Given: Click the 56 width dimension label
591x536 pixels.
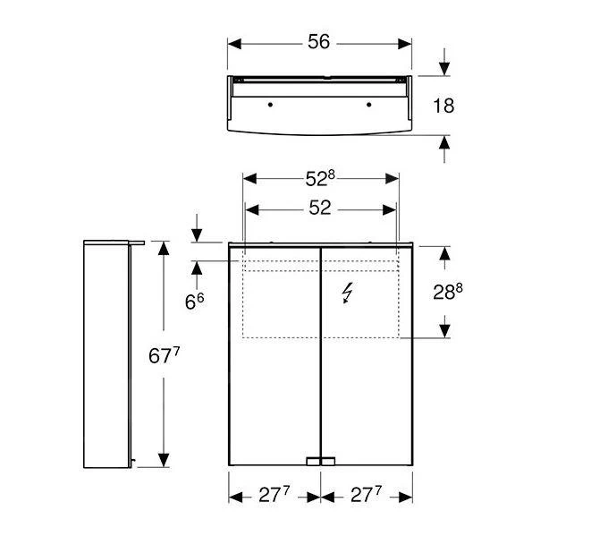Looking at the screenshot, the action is point(318,42).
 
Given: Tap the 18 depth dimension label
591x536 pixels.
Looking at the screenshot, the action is point(443,106).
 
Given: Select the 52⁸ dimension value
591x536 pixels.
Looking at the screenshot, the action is point(320,178).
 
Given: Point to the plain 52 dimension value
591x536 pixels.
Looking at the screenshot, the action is point(319,208).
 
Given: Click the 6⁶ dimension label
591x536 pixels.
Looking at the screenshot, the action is point(194,302).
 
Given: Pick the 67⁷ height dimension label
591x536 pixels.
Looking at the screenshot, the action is point(164,355).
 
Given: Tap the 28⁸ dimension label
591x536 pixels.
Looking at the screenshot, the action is point(448,292).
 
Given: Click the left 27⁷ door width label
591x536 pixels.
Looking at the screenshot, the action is point(274,495).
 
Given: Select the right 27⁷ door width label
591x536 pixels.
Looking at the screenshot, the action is point(366,495).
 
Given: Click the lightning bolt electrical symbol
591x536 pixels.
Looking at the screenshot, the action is point(347,294).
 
